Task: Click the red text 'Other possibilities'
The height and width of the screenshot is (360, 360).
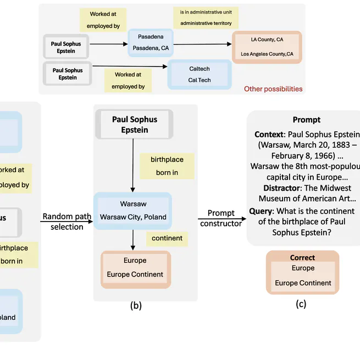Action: pyautogui.click(x=273, y=88)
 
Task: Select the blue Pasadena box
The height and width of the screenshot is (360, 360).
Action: pyautogui.click(x=150, y=43)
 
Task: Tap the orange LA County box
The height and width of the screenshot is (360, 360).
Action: pyautogui.click(x=267, y=47)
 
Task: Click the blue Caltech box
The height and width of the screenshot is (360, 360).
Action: pyautogui.click(x=199, y=74)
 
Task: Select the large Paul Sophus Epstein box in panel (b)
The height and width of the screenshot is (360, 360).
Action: pyautogui.click(x=135, y=124)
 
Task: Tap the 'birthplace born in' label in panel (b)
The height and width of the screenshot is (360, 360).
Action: pyautogui.click(x=167, y=165)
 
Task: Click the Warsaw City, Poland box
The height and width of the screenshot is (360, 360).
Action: pyautogui.click(x=133, y=211)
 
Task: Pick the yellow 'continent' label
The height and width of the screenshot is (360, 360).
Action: pyautogui.click(x=167, y=238)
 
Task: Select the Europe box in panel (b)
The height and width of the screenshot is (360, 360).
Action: pyautogui.click(x=135, y=268)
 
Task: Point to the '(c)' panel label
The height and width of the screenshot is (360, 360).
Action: pyautogui.click(x=301, y=303)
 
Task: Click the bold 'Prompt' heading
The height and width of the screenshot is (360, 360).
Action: pyautogui.click(x=306, y=119)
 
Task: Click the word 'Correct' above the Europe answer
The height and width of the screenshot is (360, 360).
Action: pyautogui.click(x=302, y=257)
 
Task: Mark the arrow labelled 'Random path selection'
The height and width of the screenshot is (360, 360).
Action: pyautogui.click(x=66, y=221)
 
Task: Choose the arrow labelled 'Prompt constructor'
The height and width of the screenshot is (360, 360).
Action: pyautogui.click(x=221, y=219)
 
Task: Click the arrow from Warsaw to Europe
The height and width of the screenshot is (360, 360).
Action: pyautogui.click(x=133, y=239)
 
